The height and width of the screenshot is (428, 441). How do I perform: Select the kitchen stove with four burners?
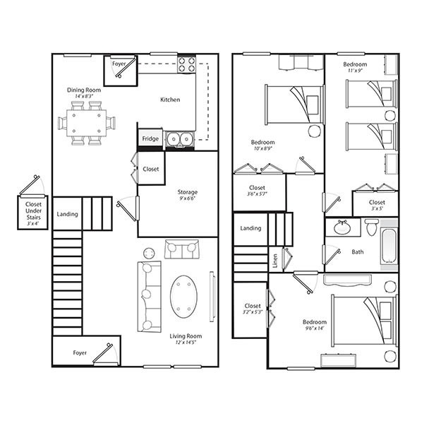186,65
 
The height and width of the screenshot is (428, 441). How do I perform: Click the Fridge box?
150,139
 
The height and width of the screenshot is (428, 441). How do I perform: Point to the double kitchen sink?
180,139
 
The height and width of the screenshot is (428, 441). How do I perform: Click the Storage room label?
187,192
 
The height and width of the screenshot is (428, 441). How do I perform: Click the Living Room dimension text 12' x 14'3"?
186,344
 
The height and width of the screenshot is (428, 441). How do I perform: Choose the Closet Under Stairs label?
33,211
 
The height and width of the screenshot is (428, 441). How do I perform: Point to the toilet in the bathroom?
371,228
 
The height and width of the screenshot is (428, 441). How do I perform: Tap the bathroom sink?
343,227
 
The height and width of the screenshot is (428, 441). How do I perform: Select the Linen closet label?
275,261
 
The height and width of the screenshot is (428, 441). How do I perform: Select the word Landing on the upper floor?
250,228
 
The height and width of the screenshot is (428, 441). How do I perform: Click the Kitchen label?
170,100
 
